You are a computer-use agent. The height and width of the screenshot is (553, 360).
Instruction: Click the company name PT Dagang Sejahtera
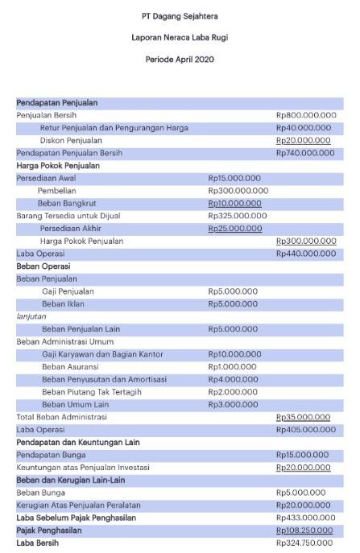pyautogui.click(x=180, y=16)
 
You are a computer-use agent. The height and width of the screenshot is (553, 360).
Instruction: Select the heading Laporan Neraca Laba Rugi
pyautogui.click(x=180, y=38)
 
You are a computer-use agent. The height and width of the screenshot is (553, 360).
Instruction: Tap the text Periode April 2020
pyautogui.click(x=180, y=60)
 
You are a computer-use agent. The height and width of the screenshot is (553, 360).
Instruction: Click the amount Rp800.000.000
pyautogui.click(x=306, y=115)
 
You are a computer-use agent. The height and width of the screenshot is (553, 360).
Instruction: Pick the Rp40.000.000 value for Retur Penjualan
pyautogui.click(x=304, y=128)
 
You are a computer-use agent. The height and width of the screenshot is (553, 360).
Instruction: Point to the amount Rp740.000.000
pyautogui.click(x=306, y=153)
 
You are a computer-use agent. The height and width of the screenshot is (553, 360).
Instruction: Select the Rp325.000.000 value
pyautogui.click(x=237, y=216)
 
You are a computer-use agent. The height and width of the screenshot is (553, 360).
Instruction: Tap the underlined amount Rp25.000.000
pyautogui.click(x=234, y=229)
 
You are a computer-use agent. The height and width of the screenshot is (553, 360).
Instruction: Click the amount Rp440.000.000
pyautogui.click(x=306, y=254)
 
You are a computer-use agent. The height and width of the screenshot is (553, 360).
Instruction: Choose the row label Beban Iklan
pyautogui.click(x=64, y=303)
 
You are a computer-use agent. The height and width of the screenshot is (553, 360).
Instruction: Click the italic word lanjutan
pyautogui.click(x=31, y=316)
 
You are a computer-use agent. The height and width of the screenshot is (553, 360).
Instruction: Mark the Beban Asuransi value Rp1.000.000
pyautogui.click(x=233, y=366)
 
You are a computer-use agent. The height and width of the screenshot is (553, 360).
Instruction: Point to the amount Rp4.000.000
pyautogui.click(x=233, y=379)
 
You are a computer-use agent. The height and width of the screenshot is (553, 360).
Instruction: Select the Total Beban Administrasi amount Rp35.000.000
pyautogui.click(x=304, y=417)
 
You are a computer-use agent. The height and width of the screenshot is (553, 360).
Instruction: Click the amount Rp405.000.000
pyautogui.click(x=306, y=430)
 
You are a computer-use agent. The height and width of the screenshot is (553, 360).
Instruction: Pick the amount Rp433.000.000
pyautogui.click(x=306, y=518)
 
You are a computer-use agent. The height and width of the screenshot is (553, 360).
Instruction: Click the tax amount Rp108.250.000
pyautogui.click(x=306, y=530)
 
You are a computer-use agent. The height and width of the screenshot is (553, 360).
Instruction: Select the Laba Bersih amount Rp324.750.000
pyautogui.click(x=306, y=543)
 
